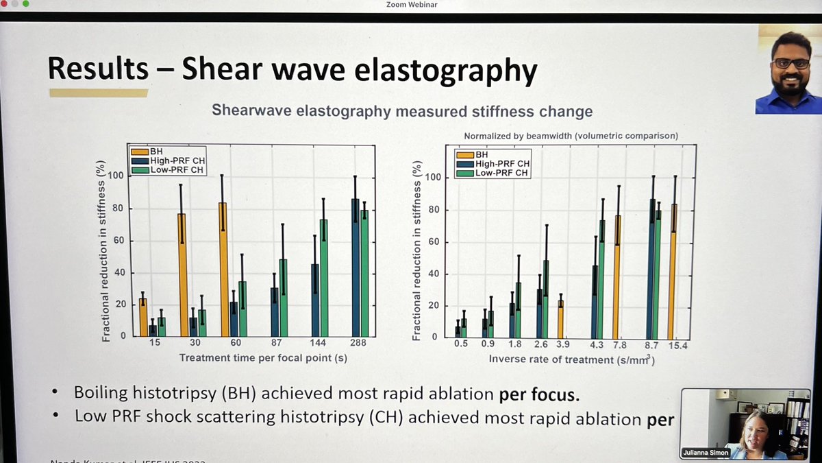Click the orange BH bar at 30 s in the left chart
(182, 274)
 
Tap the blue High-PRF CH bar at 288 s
(355, 268)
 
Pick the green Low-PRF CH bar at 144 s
(323, 278)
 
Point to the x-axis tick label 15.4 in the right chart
(678, 345)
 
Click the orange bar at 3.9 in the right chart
(561, 318)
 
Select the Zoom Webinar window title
(411, 5)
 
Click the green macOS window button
(26, 4)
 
